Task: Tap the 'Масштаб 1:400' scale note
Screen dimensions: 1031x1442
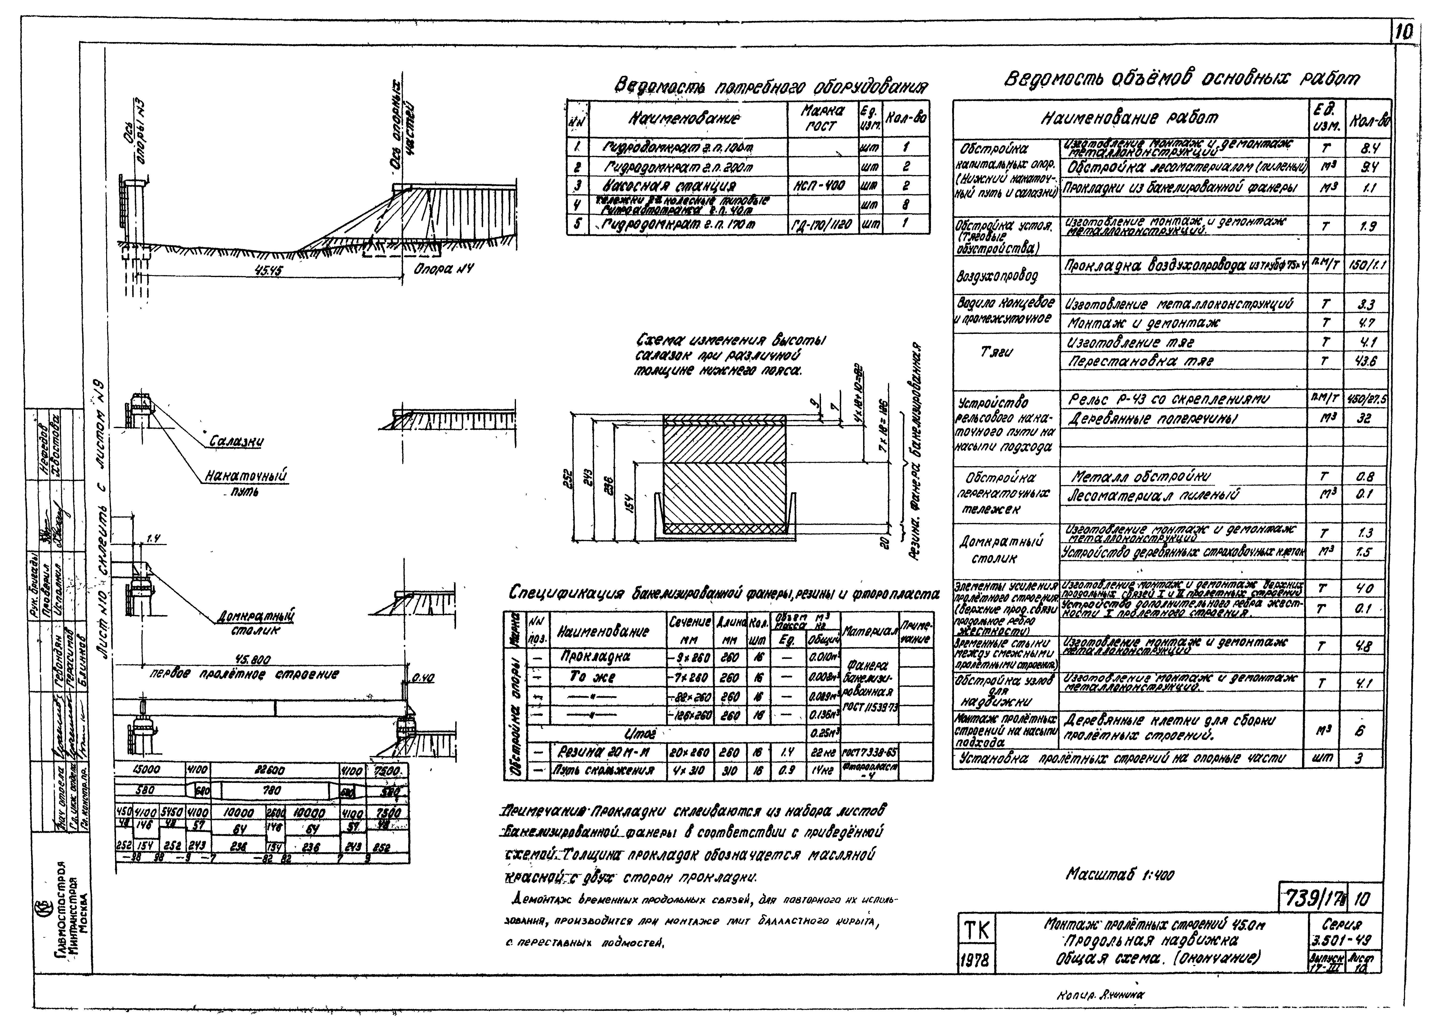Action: coord(1120,875)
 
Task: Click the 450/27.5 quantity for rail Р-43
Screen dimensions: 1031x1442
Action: coord(1366,399)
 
